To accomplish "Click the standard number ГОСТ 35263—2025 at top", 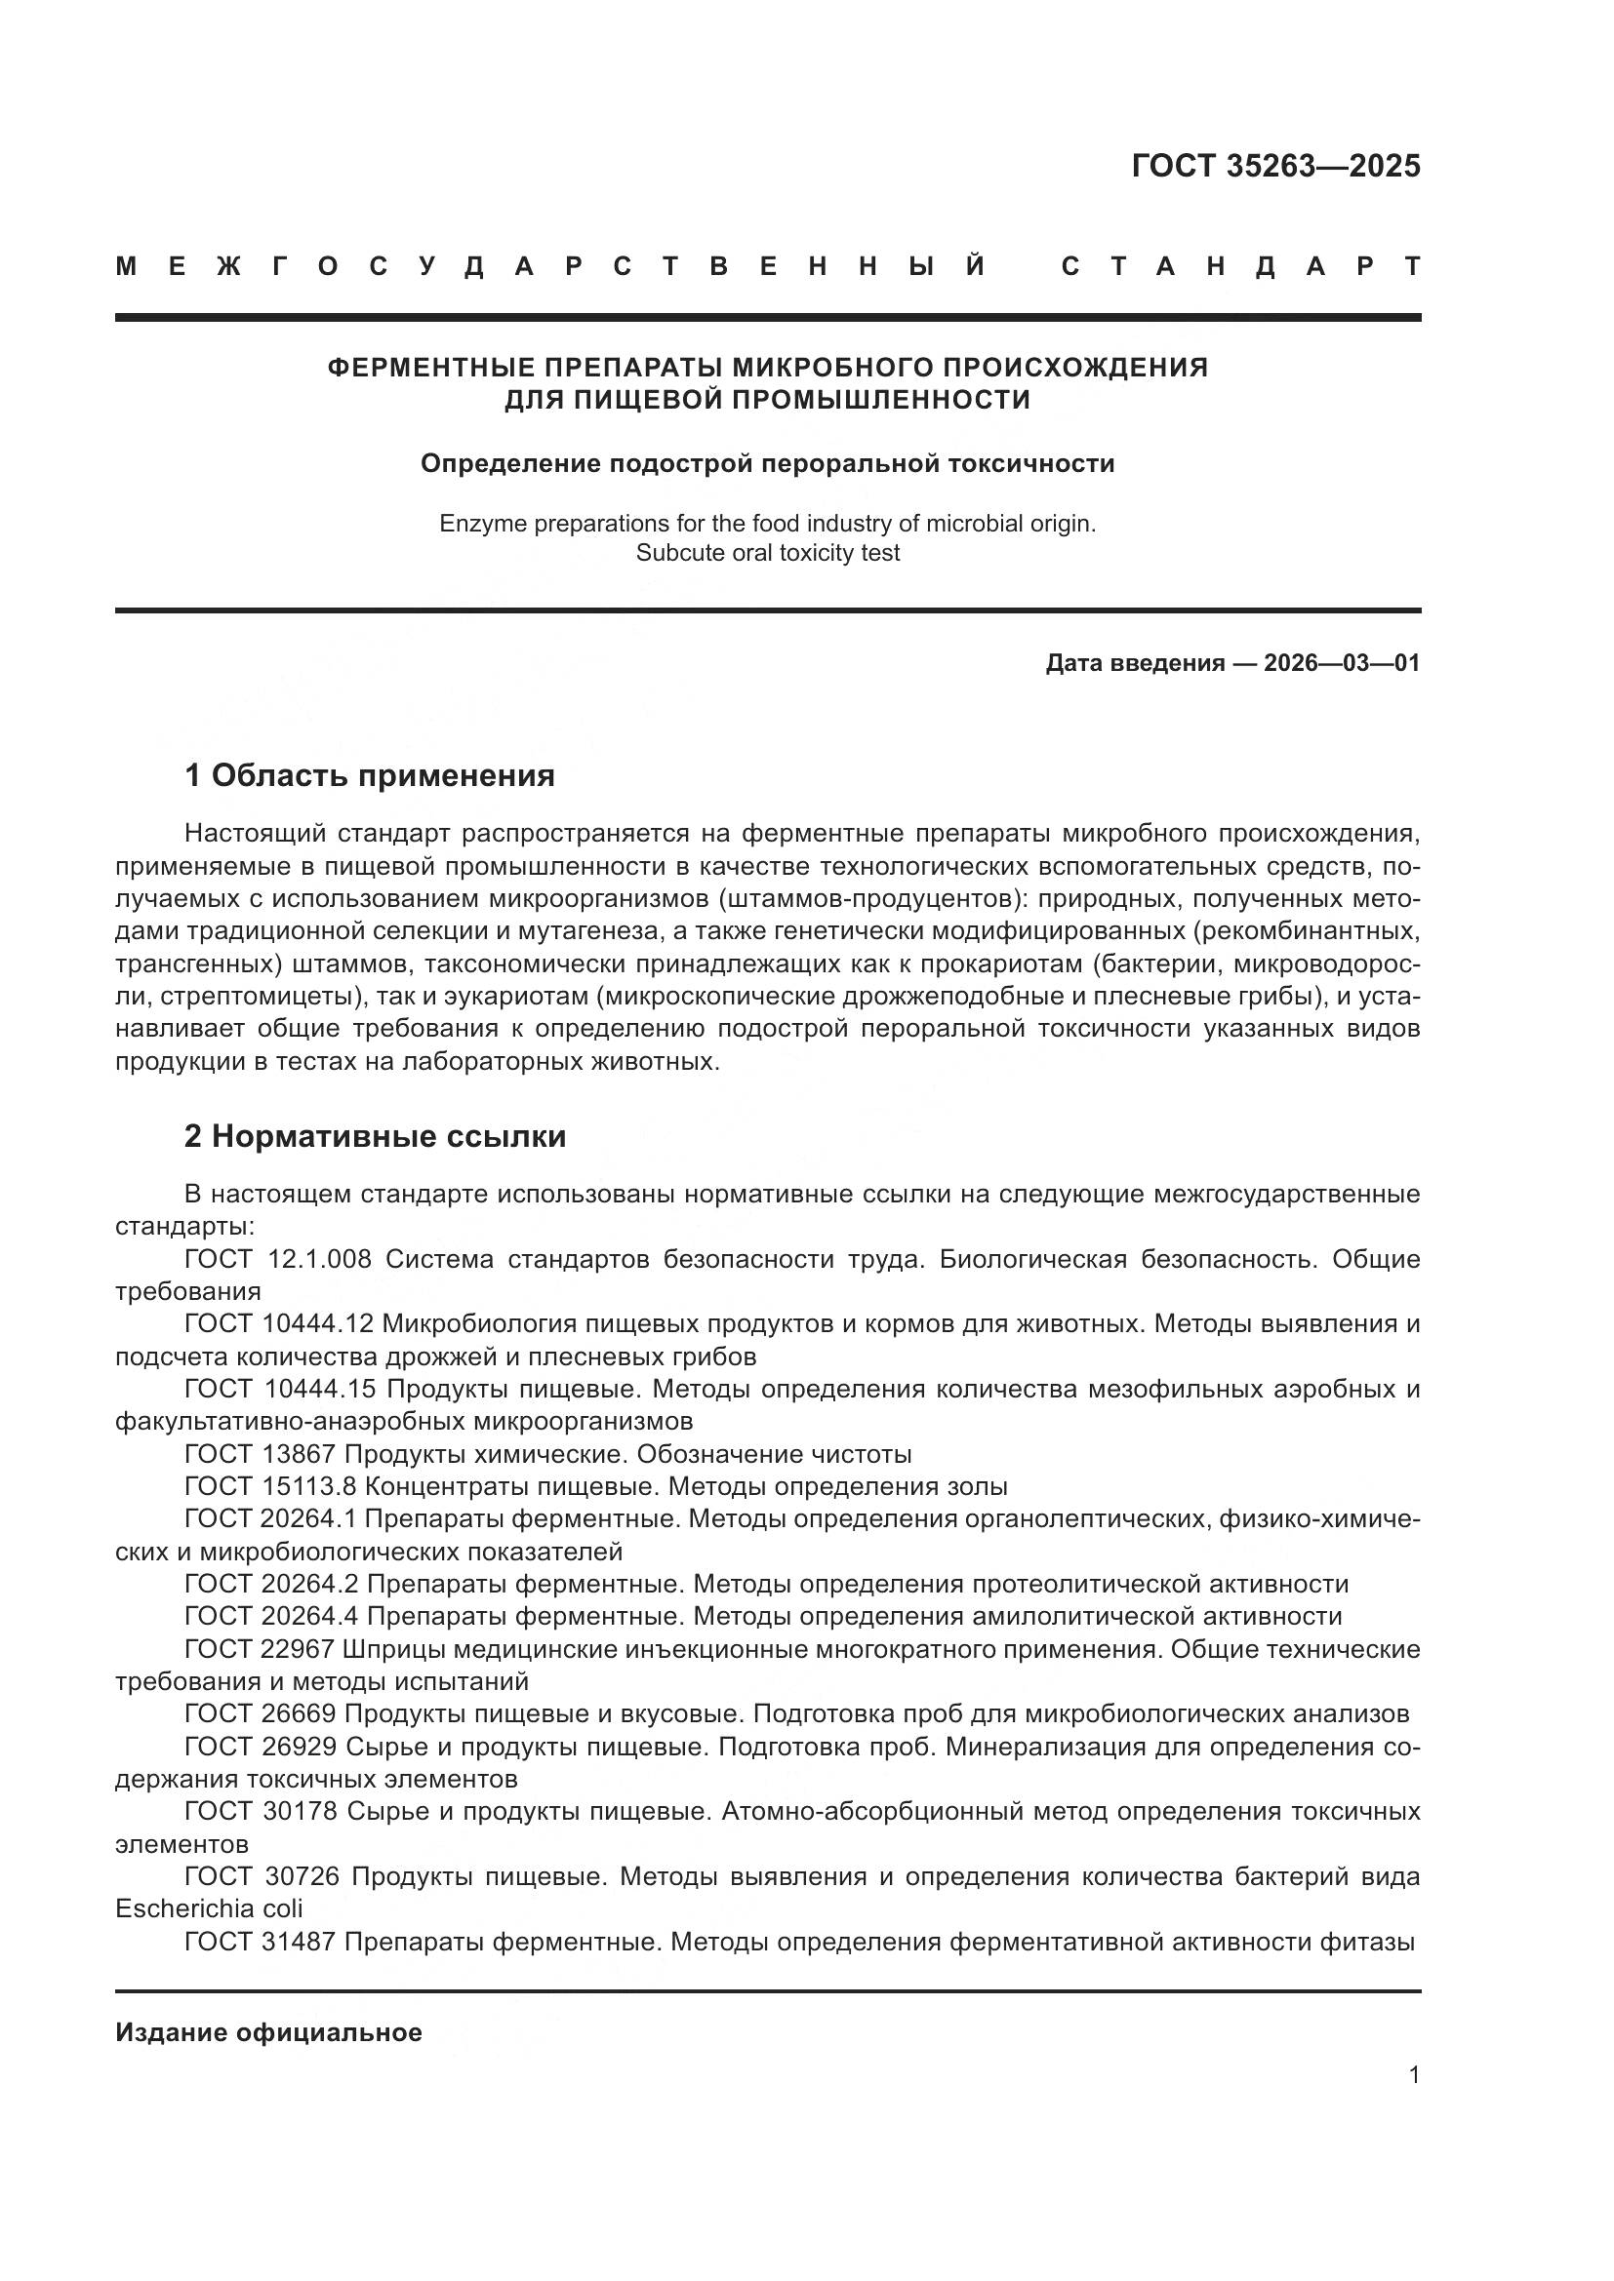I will pyautogui.click(x=1275, y=166).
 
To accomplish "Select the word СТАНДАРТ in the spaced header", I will pyautogui.click(x=1241, y=267).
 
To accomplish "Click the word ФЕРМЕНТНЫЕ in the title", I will pyautogui.click(x=425, y=368).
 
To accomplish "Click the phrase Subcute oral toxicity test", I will pyautogui.click(x=767, y=553).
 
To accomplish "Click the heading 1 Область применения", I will pyautogui.click(x=369, y=776).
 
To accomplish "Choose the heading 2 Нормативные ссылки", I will pyautogui.click(x=375, y=1136).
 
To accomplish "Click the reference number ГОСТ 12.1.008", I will pyautogui.click(x=277, y=1260).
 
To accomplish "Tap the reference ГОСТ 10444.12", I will pyautogui.click(x=278, y=1324).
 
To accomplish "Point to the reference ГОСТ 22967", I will pyautogui.click(x=260, y=1649).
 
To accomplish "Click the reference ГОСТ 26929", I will pyautogui.click(x=261, y=1747).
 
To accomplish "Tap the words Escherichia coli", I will pyautogui.click(x=209, y=1908).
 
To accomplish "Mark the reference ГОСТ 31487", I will pyautogui.click(x=260, y=1942).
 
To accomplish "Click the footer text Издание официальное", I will pyautogui.click(x=268, y=2032).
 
